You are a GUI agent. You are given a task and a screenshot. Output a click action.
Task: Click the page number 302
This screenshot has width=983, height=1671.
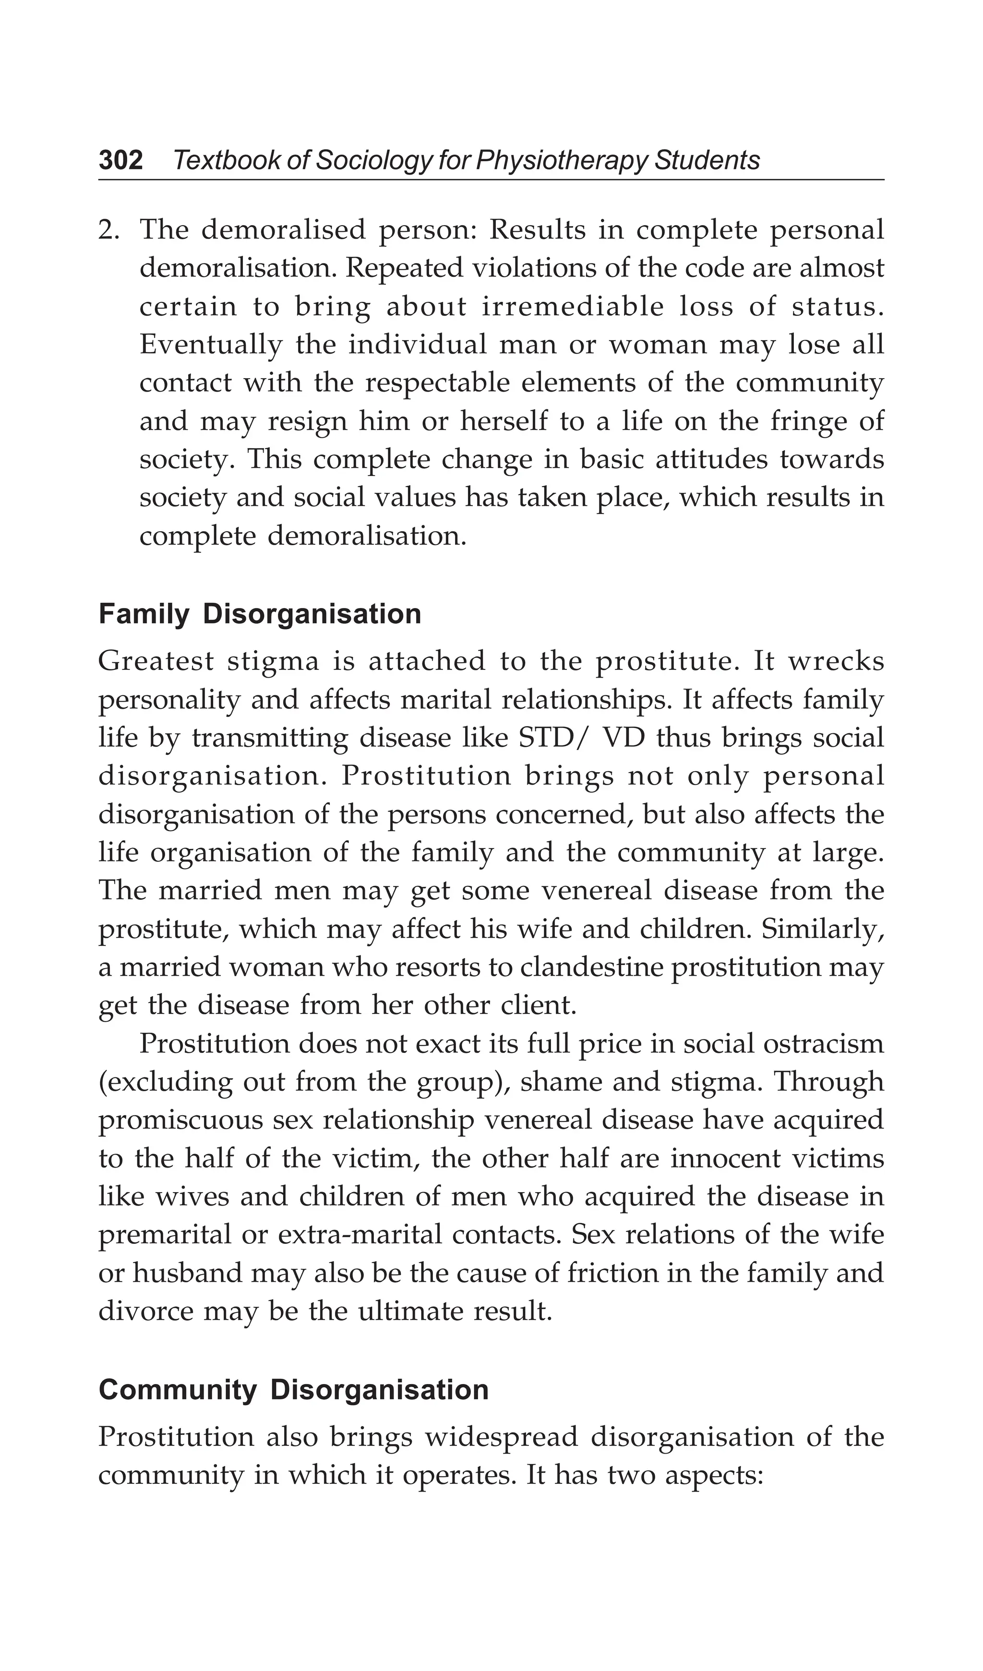coord(121,160)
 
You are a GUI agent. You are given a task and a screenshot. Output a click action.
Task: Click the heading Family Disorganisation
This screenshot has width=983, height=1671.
coord(259,614)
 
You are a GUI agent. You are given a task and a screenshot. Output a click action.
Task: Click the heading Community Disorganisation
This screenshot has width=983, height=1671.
coord(293,1390)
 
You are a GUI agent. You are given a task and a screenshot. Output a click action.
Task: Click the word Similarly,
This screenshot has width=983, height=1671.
coord(823,929)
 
